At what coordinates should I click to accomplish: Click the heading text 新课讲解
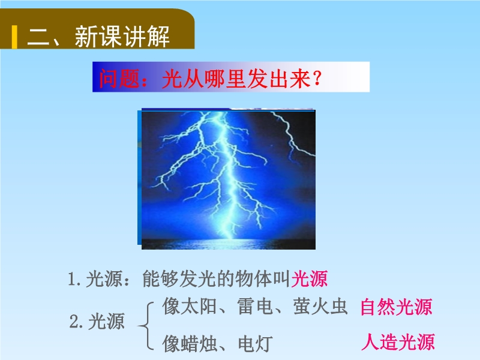(x=122, y=37)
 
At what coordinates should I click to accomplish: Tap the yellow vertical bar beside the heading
(x=14, y=37)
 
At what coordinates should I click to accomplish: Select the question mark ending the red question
(x=317, y=79)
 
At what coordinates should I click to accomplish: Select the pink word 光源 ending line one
(x=309, y=278)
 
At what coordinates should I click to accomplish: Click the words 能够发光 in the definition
(x=179, y=278)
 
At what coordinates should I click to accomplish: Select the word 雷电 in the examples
(x=255, y=306)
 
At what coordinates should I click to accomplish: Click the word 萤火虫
(x=320, y=306)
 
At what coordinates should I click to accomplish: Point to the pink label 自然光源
(x=397, y=307)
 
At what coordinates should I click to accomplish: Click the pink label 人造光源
(x=398, y=341)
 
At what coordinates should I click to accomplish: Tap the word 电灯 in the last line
(x=255, y=343)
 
